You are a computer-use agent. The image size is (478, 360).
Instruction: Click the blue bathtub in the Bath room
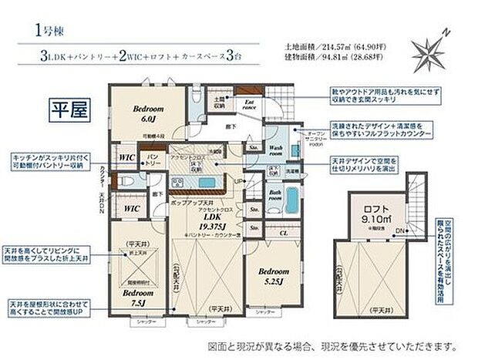291,200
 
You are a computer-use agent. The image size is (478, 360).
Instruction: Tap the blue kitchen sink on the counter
207,182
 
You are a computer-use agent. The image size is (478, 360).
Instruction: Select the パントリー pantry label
153,158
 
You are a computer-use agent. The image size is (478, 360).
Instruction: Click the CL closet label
284,231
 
